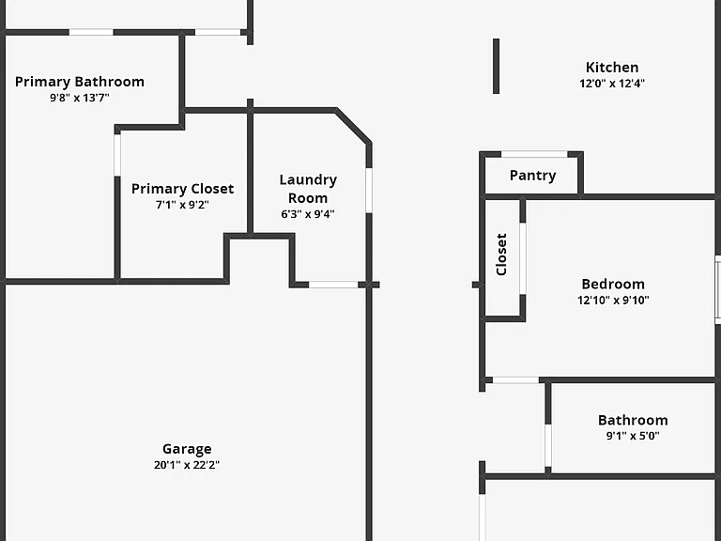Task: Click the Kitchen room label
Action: (612, 68)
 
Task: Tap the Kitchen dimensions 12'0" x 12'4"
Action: (612, 84)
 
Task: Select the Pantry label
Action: (533, 176)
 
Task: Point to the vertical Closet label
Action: (501, 255)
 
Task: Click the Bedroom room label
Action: (613, 284)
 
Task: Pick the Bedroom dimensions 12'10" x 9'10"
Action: (613, 300)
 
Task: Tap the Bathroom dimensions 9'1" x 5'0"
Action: (633, 436)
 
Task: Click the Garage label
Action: (187, 449)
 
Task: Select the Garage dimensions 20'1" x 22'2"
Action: (187, 465)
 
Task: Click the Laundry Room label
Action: (308, 189)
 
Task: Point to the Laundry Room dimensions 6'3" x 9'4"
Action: (308, 214)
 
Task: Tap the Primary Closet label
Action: (182, 189)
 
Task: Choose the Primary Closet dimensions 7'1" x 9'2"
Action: (182, 205)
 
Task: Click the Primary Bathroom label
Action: (80, 82)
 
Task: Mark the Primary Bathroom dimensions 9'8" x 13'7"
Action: (80, 98)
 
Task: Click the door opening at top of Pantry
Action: (534, 154)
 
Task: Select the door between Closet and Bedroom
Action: (523, 258)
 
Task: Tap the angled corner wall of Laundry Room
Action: (353, 127)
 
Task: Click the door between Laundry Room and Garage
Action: (333, 285)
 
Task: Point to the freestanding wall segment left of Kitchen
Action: (496, 67)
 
